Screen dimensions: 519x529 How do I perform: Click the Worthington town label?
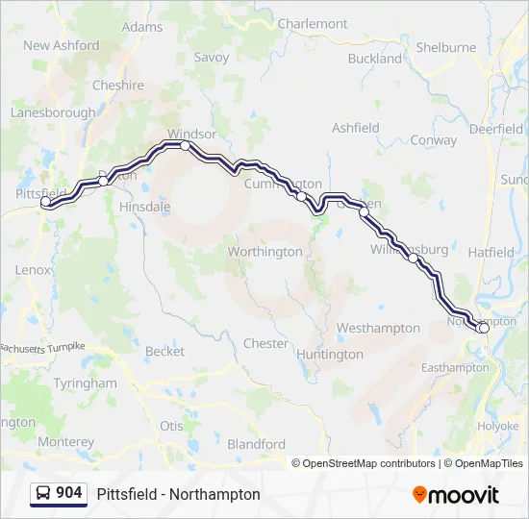click(x=264, y=252)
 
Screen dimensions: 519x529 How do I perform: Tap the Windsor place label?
click(x=191, y=134)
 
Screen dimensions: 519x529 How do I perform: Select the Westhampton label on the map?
click(x=378, y=328)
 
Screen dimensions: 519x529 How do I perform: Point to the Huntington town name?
click(x=330, y=354)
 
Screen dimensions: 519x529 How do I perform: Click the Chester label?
click(x=265, y=343)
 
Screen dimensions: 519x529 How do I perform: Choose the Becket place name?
click(x=164, y=352)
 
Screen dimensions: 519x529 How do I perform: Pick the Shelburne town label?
click(x=446, y=47)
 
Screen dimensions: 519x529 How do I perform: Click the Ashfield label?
click(x=356, y=127)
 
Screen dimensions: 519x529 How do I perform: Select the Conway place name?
click(x=434, y=139)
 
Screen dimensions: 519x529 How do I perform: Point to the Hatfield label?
click(x=491, y=252)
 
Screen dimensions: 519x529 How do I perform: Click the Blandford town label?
click(x=256, y=444)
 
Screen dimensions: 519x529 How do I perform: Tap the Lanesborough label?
click(x=53, y=112)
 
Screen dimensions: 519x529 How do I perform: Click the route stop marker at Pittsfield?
click(x=45, y=202)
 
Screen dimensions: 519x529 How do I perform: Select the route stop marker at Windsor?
click(x=185, y=146)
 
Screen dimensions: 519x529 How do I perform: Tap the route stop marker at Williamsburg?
click(x=413, y=258)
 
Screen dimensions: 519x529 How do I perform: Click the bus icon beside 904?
click(x=43, y=493)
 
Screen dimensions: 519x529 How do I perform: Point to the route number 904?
click(x=69, y=493)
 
